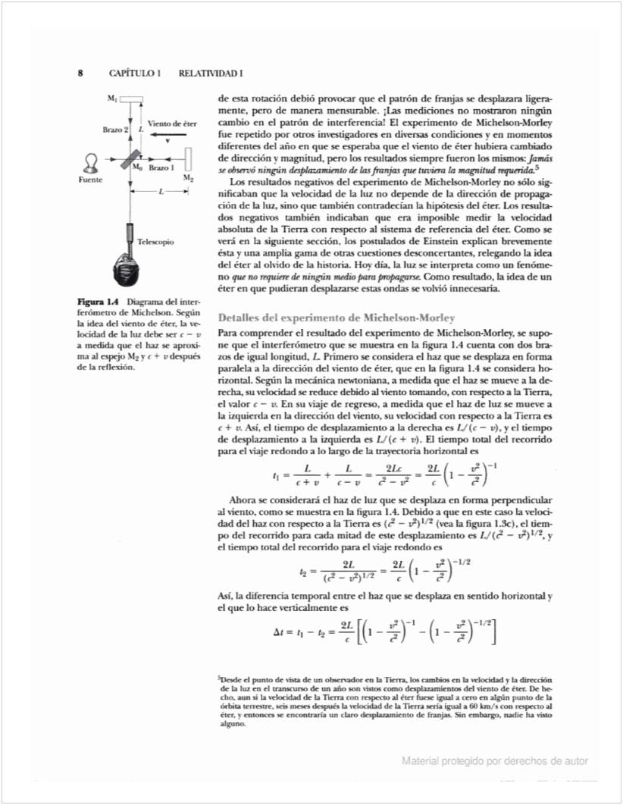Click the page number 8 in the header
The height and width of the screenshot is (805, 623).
pos(80,74)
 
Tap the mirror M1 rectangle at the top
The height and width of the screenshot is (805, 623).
pos(132,99)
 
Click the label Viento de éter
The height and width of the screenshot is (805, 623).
pos(172,123)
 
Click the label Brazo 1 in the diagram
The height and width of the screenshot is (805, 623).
pos(161,167)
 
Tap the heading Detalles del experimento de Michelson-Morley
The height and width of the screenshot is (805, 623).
pos(336,317)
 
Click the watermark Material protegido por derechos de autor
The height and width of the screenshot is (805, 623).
pos(495,761)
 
